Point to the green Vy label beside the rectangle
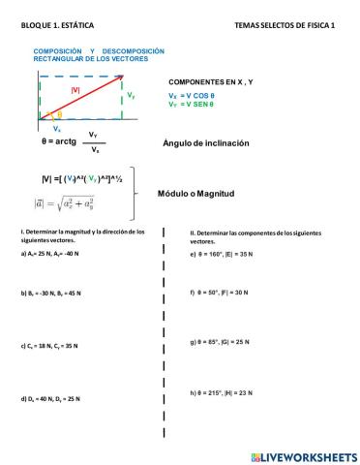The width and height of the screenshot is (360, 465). pyautogui.click(x=131, y=97)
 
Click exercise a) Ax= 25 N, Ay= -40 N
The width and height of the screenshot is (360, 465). pyautogui.click(x=57, y=253)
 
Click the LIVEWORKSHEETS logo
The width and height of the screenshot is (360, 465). pyautogui.click(x=303, y=454)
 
